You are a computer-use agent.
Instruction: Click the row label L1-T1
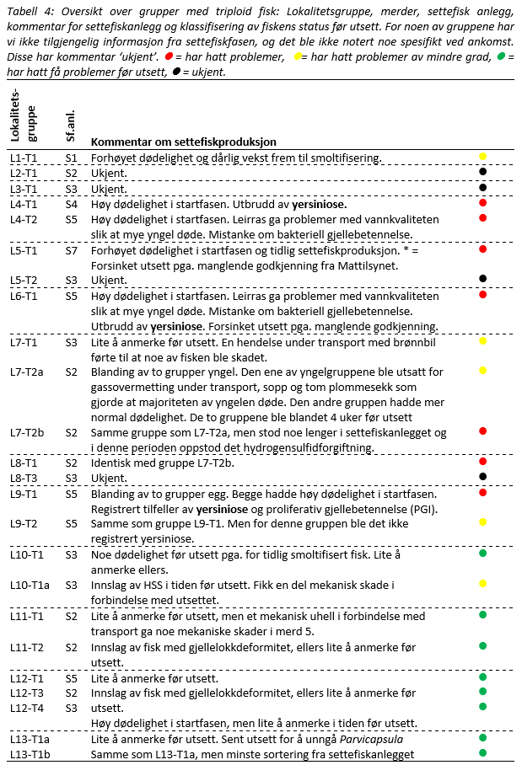(x=24, y=158)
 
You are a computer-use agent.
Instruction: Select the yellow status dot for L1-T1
(x=483, y=157)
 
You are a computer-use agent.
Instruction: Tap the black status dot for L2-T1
(x=483, y=171)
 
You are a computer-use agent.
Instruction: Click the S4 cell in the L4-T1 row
(x=72, y=204)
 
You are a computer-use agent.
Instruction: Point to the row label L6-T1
(x=24, y=297)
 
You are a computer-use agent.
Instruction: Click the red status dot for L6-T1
(x=483, y=295)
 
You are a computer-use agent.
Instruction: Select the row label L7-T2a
(x=27, y=372)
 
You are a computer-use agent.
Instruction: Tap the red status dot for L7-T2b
(x=483, y=431)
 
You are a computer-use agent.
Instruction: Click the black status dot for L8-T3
(x=483, y=476)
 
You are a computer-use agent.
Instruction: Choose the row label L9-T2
(x=24, y=523)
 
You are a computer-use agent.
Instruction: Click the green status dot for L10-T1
(x=483, y=553)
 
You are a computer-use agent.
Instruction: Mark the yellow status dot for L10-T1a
(x=483, y=583)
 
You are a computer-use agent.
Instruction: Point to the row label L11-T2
(x=25, y=647)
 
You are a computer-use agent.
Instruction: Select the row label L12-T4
(x=25, y=708)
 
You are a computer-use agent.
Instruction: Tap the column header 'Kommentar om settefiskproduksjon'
(x=183, y=142)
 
